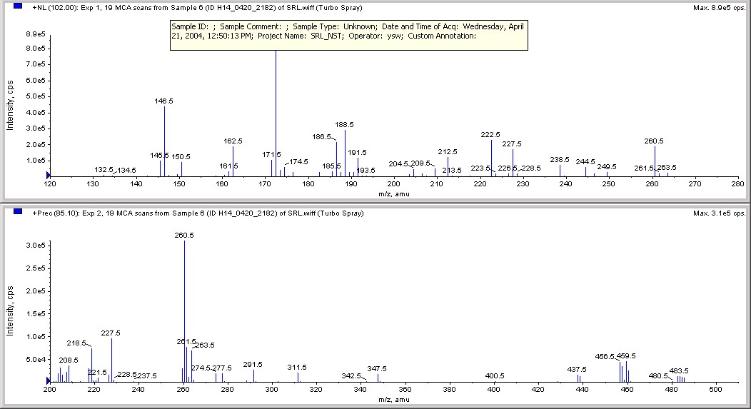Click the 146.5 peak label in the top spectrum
pos(164,101)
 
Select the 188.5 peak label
pos(345,124)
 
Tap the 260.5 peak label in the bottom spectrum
pos(184,235)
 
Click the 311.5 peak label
pos(297,367)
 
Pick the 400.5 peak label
pos(495,375)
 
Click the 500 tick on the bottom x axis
pos(715,389)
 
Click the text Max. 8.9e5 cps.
pos(720,8)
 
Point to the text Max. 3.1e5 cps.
pos(720,213)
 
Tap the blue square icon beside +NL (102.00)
pos(18,7)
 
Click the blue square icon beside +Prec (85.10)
pos(18,212)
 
